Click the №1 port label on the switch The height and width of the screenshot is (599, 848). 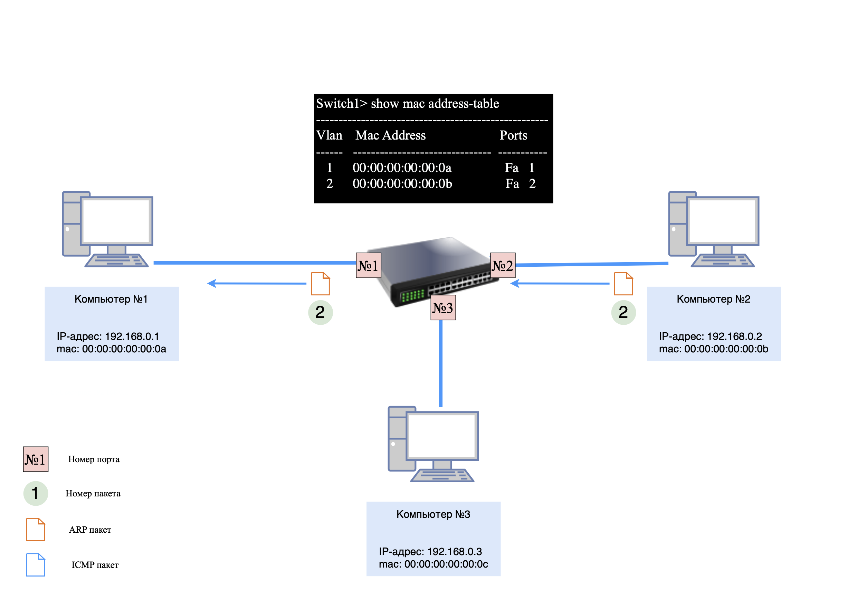[368, 265]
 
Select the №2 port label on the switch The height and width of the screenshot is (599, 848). [502, 265]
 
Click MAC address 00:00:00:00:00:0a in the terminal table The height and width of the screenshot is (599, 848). [402, 168]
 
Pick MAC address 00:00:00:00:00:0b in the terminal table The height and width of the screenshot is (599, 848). [402, 183]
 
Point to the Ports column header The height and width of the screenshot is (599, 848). [513, 135]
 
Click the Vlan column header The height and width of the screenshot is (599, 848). [329, 135]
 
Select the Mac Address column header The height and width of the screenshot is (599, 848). [390, 135]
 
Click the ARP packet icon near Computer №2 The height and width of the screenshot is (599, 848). [623, 284]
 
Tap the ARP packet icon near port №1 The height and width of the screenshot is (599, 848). [320, 284]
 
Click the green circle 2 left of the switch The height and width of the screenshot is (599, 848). [320, 312]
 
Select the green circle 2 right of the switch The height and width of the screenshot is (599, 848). [623, 312]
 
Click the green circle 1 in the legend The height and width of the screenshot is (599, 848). [36, 493]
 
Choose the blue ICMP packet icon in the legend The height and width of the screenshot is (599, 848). [36, 564]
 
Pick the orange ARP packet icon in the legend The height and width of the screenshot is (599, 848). [36, 529]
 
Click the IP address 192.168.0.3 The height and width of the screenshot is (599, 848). [430, 551]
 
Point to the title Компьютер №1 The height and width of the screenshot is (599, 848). [111, 299]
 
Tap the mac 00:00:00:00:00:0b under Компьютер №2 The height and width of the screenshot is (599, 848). [713, 349]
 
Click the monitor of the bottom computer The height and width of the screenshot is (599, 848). [442, 436]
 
